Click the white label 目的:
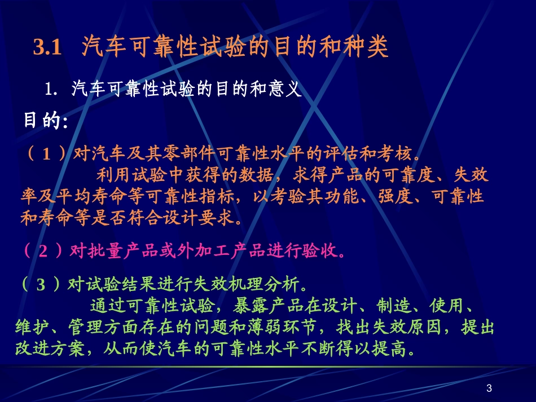pyautogui.click(x=45, y=121)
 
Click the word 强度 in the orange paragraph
pyautogui.click(x=401, y=197)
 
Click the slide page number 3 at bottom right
pyautogui.click(x=489, y=388)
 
